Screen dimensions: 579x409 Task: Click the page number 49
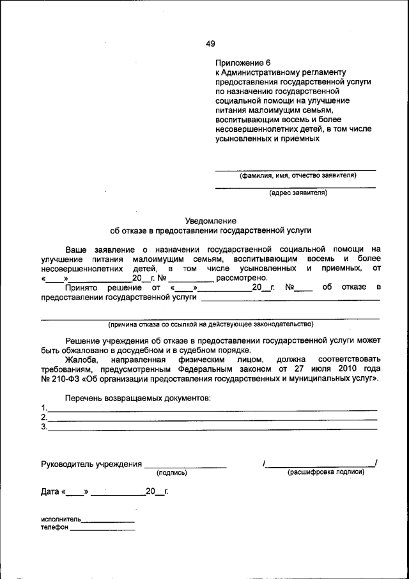pos(210,44)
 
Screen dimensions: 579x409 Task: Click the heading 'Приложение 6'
pos(243,63)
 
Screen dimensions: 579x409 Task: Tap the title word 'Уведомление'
pos(211,219)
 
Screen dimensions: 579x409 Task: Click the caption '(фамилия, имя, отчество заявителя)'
pos(298,175)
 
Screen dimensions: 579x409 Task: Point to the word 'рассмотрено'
pos(242,278)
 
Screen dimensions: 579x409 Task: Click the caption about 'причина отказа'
pos(210,324)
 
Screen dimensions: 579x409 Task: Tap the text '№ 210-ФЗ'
pos(59,378)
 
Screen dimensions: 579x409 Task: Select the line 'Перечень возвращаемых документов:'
pos(137,398)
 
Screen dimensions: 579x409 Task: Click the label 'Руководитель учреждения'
pos(91,464)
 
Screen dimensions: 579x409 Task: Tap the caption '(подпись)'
pos(171,473)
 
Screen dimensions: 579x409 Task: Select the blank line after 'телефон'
pos(102,530)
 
